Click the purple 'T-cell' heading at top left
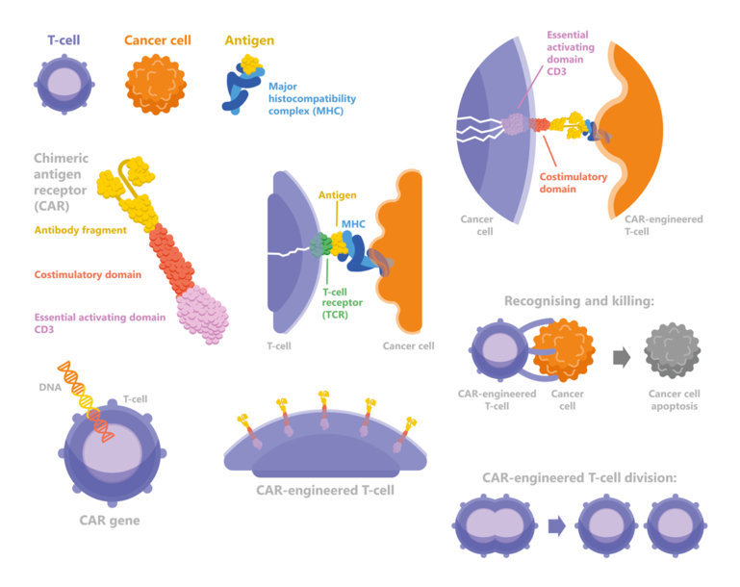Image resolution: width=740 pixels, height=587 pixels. tap(64, 40)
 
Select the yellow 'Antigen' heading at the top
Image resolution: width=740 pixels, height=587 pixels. tap(249, 40)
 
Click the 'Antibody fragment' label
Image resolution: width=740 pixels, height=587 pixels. tap(83, 230)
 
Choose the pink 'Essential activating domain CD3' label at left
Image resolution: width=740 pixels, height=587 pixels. tap(98, 323)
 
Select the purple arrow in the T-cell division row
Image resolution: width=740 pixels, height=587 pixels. tap(556, 526)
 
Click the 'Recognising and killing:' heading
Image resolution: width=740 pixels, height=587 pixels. tap(579, 301)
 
